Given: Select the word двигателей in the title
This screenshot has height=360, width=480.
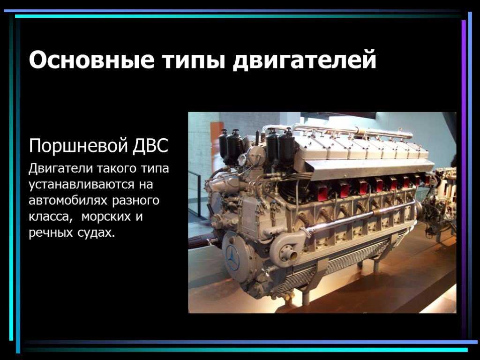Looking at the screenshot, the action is (304, 60).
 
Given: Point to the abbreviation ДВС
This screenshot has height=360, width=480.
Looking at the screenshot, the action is (150, 146).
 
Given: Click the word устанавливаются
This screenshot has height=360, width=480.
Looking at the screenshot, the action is (82, 185).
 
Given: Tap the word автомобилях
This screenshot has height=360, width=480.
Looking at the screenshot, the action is (68, 201).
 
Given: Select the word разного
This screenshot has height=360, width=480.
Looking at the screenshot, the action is (136, 201).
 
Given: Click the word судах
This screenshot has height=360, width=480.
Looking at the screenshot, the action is (96, 232).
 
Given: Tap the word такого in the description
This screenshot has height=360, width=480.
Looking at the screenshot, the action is (118, 169).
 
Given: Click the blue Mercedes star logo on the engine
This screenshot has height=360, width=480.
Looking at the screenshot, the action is (232, 257).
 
